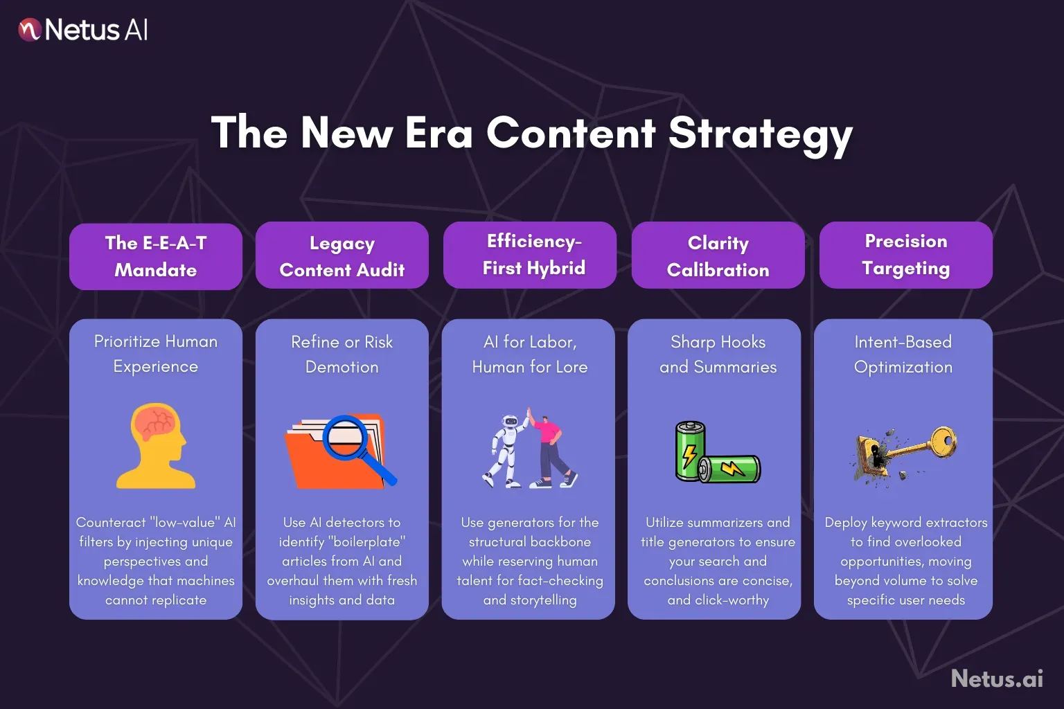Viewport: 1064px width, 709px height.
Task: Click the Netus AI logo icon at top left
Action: (30, 30)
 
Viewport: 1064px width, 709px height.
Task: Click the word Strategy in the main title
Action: (760, 133)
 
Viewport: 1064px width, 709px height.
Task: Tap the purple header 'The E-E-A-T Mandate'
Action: (156, 256)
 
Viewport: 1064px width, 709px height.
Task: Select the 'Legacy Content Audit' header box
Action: (342, 256)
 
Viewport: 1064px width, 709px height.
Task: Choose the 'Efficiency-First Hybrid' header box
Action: (530, 255)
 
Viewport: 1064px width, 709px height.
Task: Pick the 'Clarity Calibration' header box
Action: (718, 256)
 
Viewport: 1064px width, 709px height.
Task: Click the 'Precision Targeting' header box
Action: (905, 255)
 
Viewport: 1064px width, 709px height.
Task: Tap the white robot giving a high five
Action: (506, 450)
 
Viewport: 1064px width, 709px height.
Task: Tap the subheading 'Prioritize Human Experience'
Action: (156, 354)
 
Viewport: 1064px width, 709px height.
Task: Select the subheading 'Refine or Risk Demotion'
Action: (342, 354)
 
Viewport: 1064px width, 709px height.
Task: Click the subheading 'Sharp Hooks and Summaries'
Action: (718, 354)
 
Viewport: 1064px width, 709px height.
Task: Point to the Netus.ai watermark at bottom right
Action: (997, 679)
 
